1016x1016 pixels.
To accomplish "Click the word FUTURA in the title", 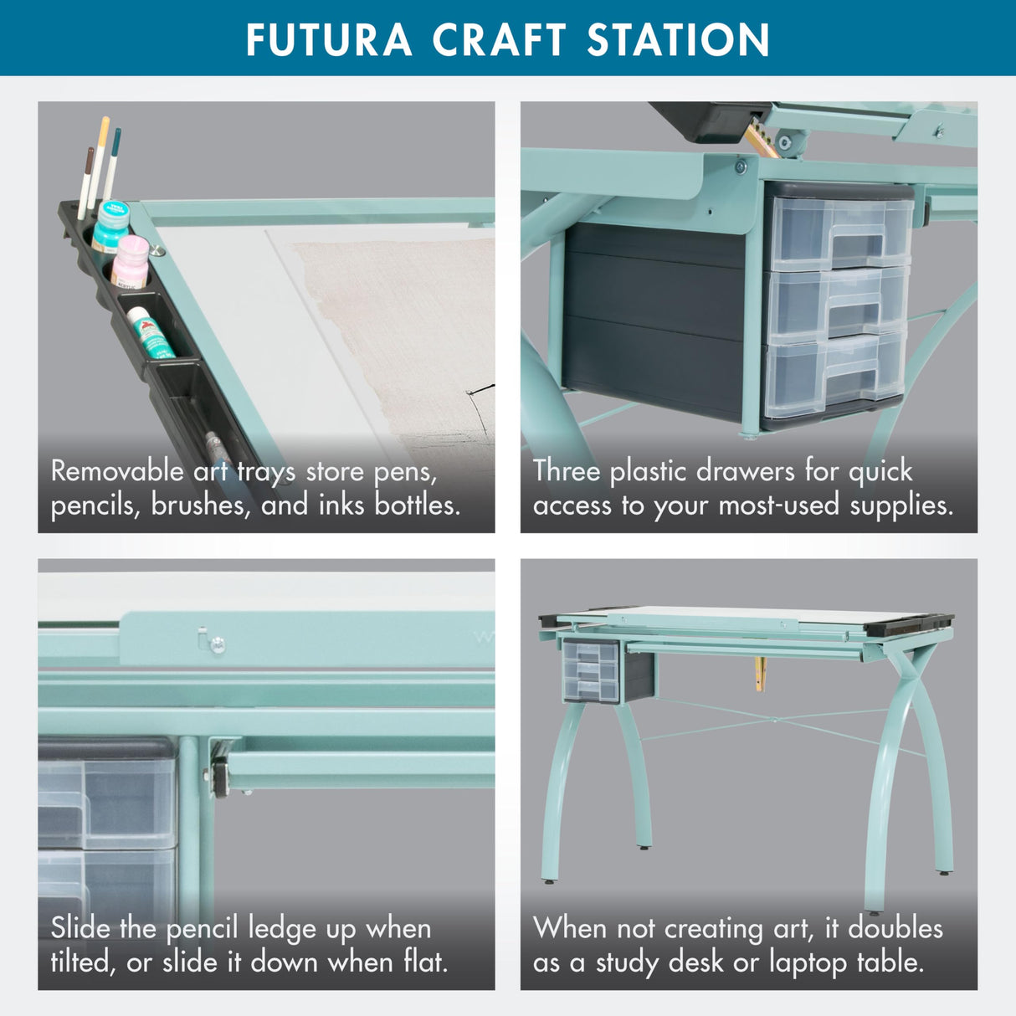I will click(329, 39).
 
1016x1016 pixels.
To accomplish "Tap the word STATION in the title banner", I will click(678, 39).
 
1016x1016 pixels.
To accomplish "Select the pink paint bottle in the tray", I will click(130, 262).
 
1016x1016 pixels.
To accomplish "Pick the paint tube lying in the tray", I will click(151, 332).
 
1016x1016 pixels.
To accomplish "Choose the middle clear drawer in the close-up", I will click(837, 304).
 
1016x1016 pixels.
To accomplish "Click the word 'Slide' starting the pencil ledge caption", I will click(80, 928).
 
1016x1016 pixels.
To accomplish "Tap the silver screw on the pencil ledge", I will click(218, 644).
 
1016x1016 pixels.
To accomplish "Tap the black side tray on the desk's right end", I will click(908, 623).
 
